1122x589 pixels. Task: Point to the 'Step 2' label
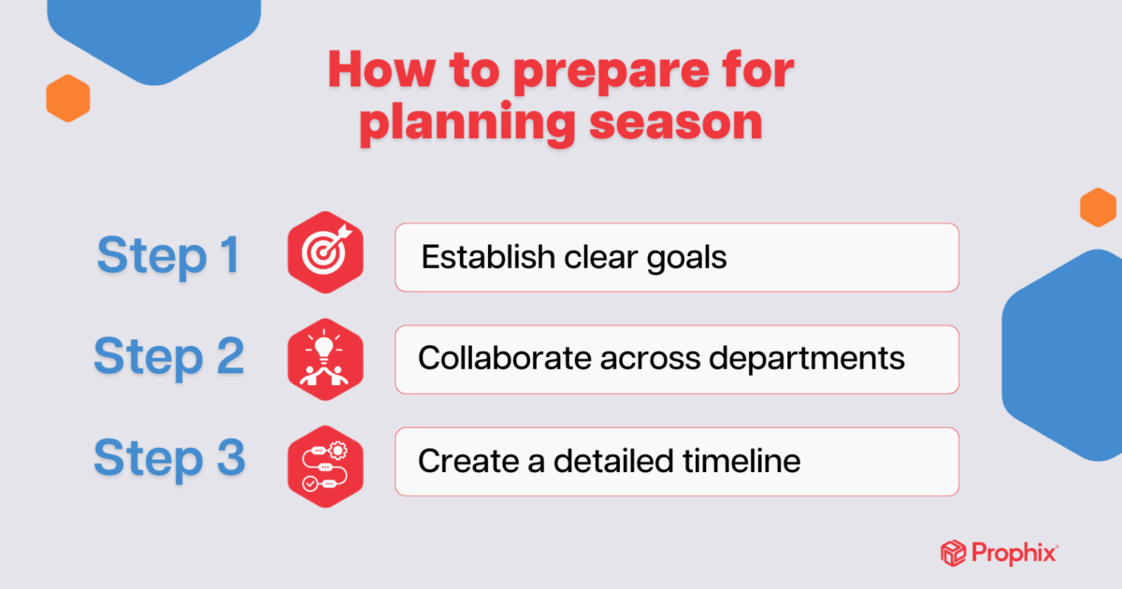pos(169,357)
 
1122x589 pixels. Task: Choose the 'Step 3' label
pos(169,459)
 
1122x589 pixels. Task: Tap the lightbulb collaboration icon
pos(324,359)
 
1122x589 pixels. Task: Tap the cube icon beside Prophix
pos(952,553)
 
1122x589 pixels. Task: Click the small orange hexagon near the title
pos(67,98)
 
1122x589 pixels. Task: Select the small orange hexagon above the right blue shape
pos(1098,207)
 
